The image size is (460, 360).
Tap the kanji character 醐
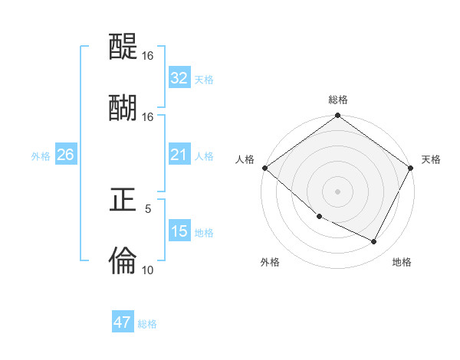click(x=123, y=107)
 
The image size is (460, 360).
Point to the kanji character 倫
click(x=123, y=260)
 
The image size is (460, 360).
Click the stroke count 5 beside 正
click(x=148, y=208)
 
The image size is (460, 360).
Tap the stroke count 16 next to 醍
click(x=148, y=56)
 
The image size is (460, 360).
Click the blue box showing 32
click(x=179, y=78)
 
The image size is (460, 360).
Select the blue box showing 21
click(x=179, y=155)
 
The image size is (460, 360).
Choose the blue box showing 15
click(x=179, y=232)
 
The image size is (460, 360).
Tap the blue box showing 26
click(x=65, y=155)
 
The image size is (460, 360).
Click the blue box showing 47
click(x=123, y=322)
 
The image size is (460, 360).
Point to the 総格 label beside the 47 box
click(x=147, y=324)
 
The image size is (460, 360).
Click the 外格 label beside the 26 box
click(x=41, y=156)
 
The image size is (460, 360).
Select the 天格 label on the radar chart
click(x=431, y=159)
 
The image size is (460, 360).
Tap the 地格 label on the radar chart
click(x=402, y=262)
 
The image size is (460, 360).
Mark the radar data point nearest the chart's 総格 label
click(x=337, y=116)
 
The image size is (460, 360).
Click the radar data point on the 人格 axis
click(x=264, y=168)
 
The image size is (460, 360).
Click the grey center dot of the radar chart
click(x=337, y=191)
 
